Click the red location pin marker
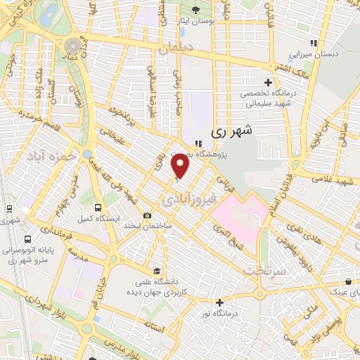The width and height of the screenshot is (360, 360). click(x=181, y=166)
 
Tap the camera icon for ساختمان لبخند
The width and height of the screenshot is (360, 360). click(x=146, y=216)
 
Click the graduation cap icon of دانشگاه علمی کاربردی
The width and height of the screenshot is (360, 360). click(x=157, y=271)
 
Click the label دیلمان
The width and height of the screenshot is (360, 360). click(x=176, y=49)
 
